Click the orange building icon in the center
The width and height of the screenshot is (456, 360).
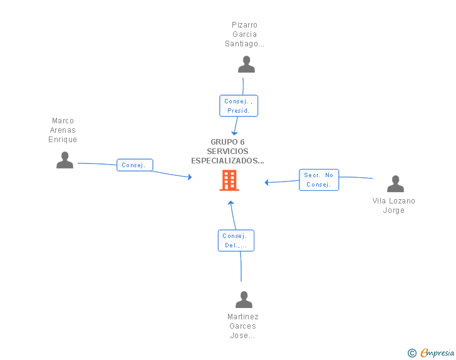point(229,180)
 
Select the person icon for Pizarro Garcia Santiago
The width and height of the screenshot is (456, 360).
point(246,64)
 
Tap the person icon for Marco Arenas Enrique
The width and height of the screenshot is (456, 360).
point(65,160)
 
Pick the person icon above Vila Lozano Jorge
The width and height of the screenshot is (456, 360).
point(395,183)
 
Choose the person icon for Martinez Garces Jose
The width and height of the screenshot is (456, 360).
point(244,299)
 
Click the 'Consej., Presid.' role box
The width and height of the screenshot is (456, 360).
point(239,106)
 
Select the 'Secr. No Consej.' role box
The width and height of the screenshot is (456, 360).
point(319,180)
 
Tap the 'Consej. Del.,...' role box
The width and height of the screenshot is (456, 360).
point(236,240)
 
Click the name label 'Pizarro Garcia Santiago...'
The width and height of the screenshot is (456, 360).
point(244,34)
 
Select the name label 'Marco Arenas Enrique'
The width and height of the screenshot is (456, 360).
point(63,130)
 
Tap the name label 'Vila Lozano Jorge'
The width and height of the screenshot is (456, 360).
point(394,205)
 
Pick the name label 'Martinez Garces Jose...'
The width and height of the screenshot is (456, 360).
point(243,326)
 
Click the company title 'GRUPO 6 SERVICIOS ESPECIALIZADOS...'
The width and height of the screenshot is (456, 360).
point(227,152)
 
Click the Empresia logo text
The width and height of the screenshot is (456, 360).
point(437,353)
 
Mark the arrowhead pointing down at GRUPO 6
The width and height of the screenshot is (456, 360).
point(235,133)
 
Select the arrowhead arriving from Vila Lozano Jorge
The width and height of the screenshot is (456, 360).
point(267,183)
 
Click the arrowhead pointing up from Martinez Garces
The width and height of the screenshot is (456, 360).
point(231,203)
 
